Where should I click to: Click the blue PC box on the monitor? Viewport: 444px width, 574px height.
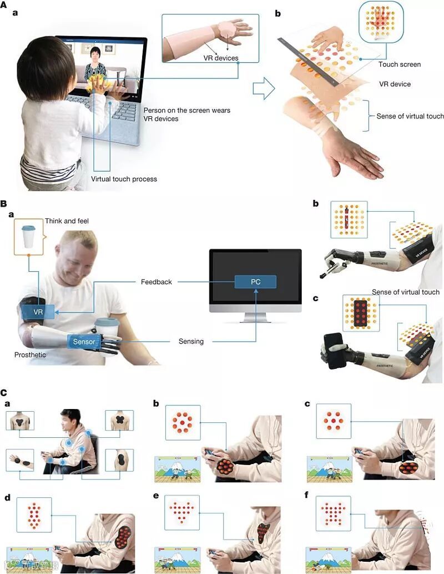click(x=255, y=282)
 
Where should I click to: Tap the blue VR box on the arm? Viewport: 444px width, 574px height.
click(x=38, y=312)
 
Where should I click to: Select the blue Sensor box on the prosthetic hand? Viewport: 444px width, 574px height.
click(x=81, y=341)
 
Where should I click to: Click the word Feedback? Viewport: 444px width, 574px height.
click(x=157, y=282)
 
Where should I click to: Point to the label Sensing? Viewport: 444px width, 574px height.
click(x=191, y=341)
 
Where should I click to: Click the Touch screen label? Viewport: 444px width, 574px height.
click(x=400, y=64)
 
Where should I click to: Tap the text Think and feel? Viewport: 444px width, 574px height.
click(x=66, y=221)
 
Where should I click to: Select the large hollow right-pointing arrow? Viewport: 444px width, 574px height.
click(x=264, y=88)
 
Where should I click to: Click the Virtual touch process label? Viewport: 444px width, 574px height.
click(x=124, y=179)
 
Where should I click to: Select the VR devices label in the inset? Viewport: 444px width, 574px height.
click(x=220, y=58)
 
